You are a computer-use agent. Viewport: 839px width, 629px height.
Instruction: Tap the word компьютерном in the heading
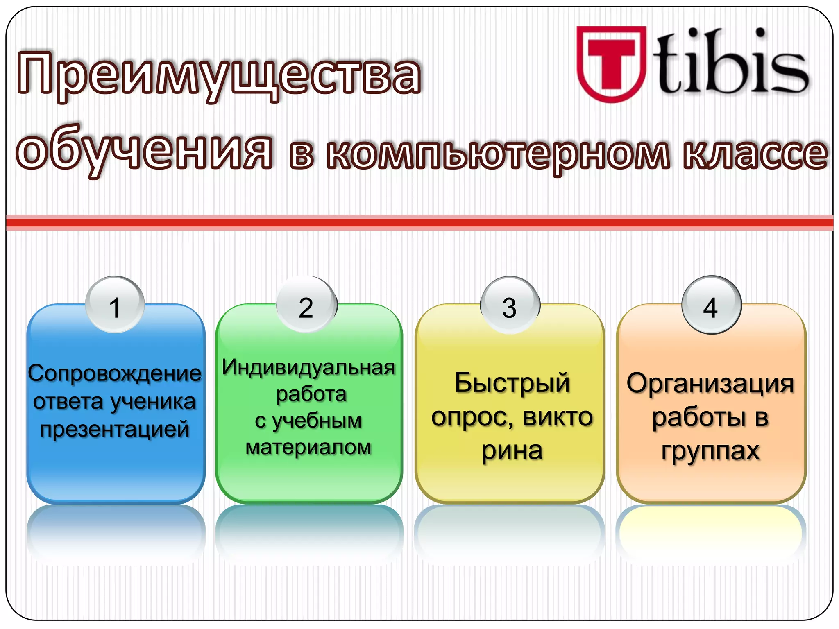[498, 154]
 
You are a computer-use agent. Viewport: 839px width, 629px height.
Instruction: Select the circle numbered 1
[115, 305]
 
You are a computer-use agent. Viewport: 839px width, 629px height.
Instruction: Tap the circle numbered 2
[306, 305]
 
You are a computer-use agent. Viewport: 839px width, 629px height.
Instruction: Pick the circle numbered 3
[510, 305]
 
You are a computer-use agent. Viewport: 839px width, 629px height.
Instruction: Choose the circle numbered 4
[711, 305]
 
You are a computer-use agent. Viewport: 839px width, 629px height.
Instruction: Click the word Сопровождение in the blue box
[115, 373]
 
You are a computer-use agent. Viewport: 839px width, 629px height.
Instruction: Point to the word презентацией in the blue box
[115, 429]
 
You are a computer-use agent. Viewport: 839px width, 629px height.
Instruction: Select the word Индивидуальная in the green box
[308, 367]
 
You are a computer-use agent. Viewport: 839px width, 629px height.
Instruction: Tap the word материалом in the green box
[308, 447]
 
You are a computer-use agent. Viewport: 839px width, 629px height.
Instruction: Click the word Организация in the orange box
[710, 384]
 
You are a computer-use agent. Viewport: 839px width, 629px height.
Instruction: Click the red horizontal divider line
[419, 223]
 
